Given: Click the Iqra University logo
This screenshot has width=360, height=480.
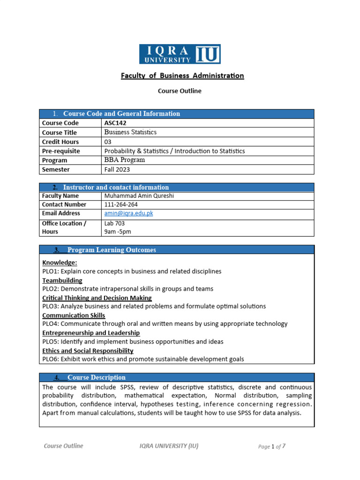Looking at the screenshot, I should (180, 54).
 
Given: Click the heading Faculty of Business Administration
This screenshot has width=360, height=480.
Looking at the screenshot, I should (182, 75).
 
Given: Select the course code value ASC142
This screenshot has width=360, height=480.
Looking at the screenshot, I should (115, 123).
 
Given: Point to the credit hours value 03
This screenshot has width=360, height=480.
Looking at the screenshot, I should (108, 142).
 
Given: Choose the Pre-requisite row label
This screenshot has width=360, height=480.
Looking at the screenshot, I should (61, 151).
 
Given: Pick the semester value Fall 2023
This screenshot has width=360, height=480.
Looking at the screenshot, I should (117, 169).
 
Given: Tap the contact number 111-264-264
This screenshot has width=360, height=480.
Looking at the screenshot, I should (121, 204).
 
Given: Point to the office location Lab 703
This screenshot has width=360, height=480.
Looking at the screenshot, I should (114, 224).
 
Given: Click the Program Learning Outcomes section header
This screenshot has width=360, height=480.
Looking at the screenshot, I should (112, 250).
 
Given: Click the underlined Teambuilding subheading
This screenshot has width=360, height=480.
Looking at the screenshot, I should (62, 280).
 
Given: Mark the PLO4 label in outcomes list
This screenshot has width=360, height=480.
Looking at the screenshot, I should (50, 324).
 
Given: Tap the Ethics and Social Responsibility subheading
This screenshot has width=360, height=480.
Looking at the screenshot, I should (88, 351).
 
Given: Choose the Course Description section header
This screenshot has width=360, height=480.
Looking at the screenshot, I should (96, 377).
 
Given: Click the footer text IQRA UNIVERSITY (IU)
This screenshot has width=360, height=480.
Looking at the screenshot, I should (169, 446).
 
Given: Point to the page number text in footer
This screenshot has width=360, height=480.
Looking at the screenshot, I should (271, 446).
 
